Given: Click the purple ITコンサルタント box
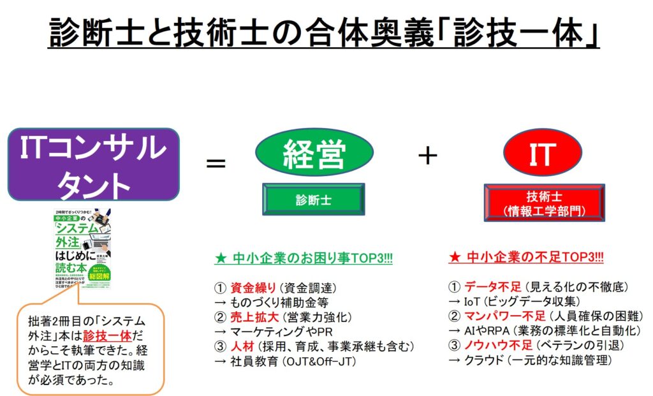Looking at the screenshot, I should point(94,165).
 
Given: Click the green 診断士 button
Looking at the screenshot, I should point(313,199).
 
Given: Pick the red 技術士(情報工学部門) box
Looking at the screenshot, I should point(544,203).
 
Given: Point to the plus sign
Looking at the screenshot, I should point(427,156).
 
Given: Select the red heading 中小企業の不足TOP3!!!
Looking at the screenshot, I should point(527,258).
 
